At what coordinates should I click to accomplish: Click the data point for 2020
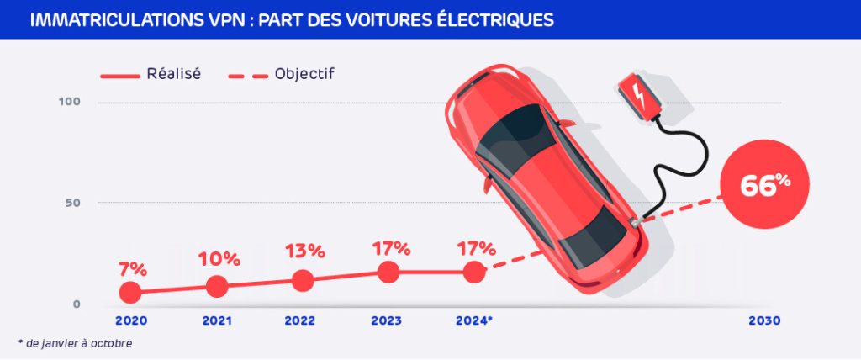[129, 292]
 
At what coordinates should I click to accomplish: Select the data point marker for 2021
[216, 286]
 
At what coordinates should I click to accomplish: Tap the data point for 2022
[303, 280]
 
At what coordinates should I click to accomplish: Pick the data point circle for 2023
[388, 272]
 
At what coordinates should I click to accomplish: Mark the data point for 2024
[474, 272]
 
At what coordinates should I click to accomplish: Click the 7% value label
[133, 269]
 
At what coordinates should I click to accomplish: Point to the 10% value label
[219, 259]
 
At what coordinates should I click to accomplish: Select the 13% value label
[304, 251]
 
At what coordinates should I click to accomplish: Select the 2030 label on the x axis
[764, 321]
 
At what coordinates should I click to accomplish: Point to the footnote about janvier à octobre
[75, 343]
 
